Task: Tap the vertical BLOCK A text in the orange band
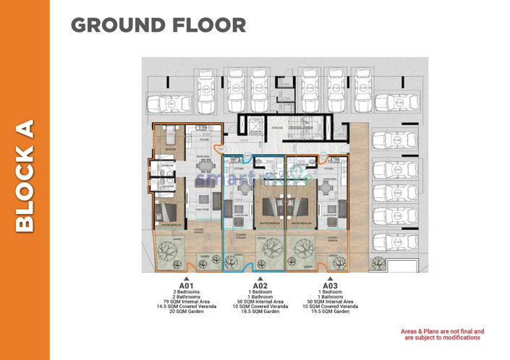tap(25, 176)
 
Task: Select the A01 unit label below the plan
tap(187, 286)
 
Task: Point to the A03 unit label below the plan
tap(331, 286)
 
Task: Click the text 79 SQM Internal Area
tap(187, 301)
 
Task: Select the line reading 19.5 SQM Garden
tap(331, 312)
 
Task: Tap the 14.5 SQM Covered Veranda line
tap(187, 307)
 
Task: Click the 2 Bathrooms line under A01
tap(187, 296)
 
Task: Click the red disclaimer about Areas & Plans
tap(442, 334)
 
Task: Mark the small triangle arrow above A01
tap(187, 278)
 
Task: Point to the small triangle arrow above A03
tap(331, 278)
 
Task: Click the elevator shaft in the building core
tap(255, 125)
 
